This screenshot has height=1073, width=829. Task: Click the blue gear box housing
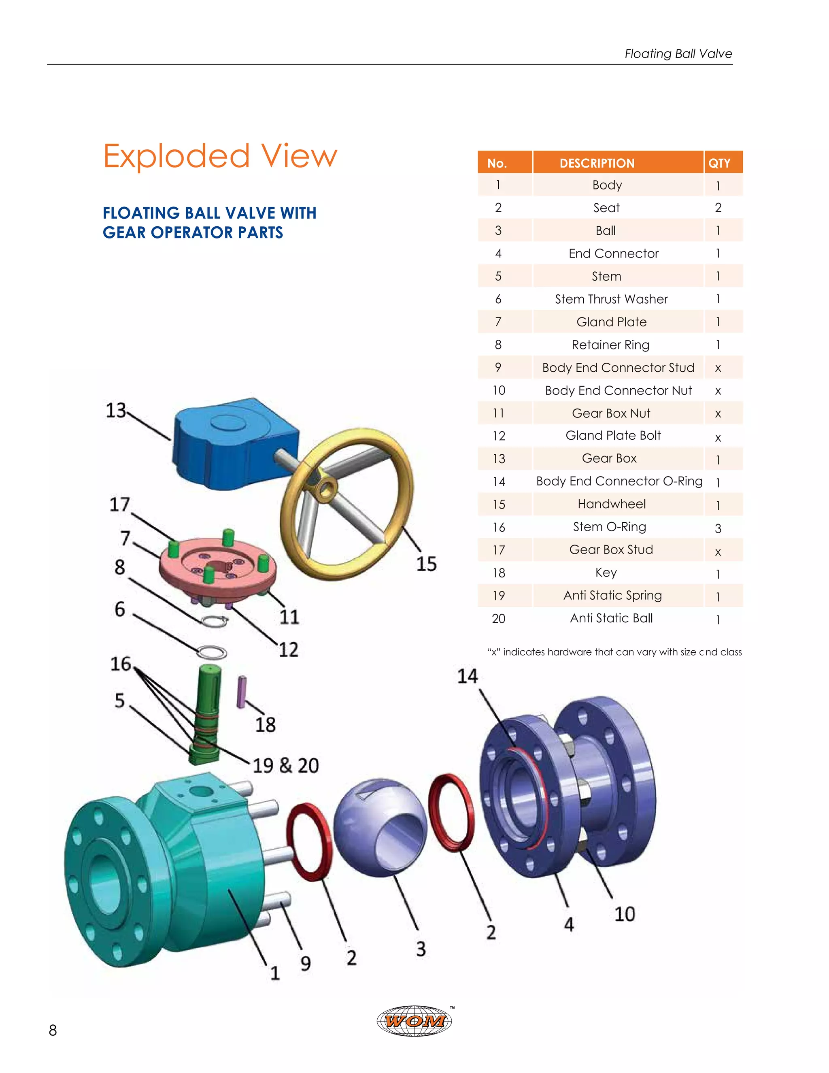click(231, 445)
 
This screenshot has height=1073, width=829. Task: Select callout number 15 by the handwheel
click(426, 564)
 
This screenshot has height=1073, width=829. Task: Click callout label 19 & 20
click(285, 765)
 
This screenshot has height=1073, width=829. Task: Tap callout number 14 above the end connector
click(467, 677)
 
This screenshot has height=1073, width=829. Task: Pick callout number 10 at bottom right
click(625, 914)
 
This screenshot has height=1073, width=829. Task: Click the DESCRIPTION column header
click(597, 163)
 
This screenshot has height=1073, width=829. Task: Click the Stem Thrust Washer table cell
click(611, 299)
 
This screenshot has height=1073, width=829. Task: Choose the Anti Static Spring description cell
click(612, 596)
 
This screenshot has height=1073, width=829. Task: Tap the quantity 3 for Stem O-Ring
click(718, 528)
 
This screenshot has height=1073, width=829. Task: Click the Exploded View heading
click(220, 156)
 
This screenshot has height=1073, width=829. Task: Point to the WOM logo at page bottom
click(415, 1021)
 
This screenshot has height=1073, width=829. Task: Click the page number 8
click(53, 1030)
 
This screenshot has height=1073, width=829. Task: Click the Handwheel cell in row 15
click(612, 504)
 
